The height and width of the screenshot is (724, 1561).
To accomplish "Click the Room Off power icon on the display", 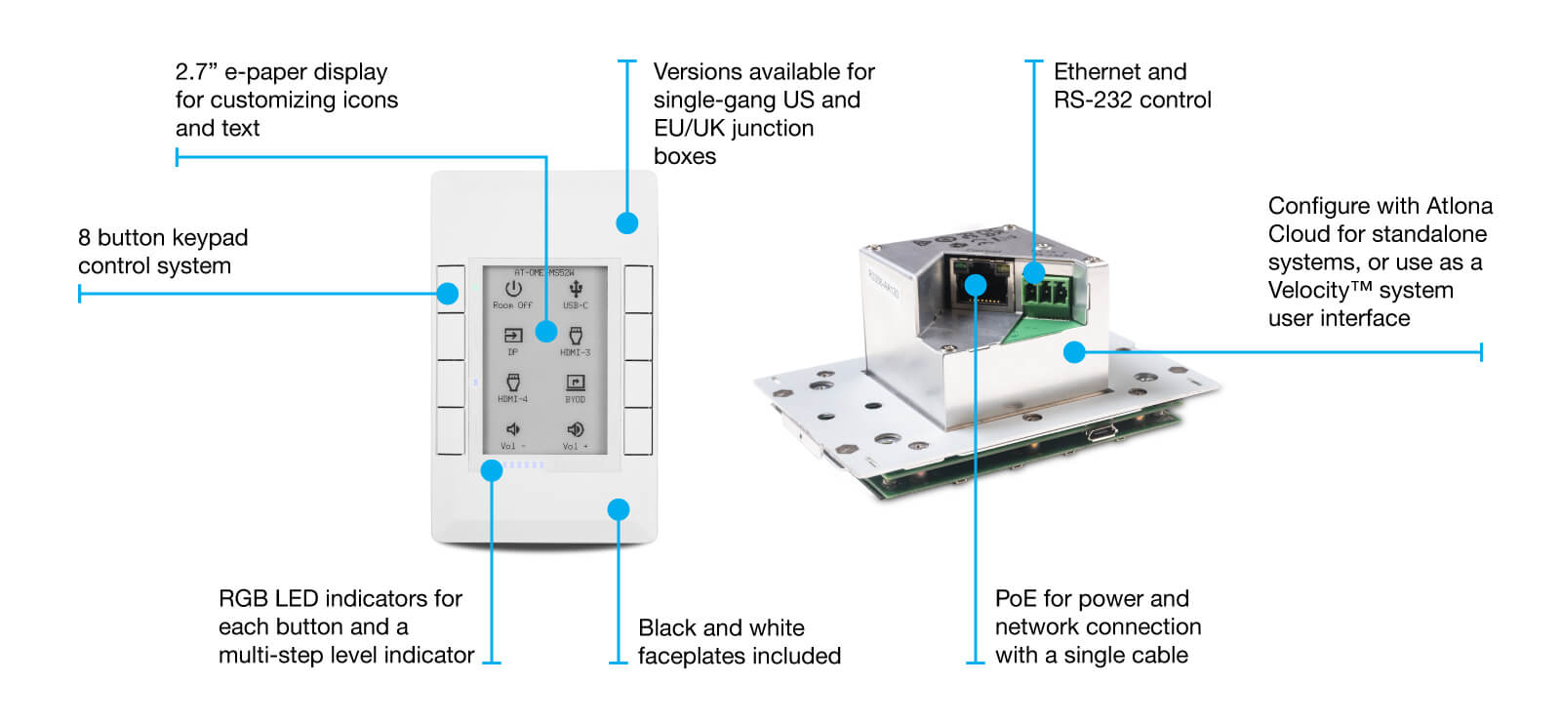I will [x=513, y=289].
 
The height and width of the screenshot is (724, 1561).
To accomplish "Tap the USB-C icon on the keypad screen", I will [x=576, y=289].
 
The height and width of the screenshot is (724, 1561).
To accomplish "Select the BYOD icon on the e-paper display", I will [x=576, y=382].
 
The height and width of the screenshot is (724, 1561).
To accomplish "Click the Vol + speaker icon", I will [x=576, y=429].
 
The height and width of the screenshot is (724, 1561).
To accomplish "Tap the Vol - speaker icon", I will [x=513, y=429].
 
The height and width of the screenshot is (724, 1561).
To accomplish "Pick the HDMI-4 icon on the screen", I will [x=513, y=382].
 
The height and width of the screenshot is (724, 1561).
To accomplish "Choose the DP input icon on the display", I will [x=513, y=336].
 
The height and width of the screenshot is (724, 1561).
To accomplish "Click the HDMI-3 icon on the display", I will [x=576, y=336].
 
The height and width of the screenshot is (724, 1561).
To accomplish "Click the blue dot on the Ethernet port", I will [x=975, y=284].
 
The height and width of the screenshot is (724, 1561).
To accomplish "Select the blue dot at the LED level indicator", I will [x=492, y=470].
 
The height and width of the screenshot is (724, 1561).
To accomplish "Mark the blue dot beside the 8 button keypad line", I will [x=448, y=293].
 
